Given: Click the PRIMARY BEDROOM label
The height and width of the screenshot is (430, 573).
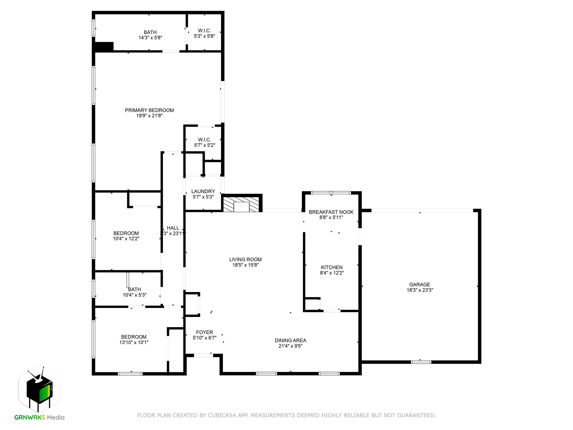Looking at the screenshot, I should click(149, 110).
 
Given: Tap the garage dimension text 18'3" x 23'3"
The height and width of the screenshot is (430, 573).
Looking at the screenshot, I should click(420, 290).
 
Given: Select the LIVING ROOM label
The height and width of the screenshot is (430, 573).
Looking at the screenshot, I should click(245, 260).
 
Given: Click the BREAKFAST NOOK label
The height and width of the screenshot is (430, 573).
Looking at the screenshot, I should click(331, 212).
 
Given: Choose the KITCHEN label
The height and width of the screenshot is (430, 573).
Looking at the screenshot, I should click(332, 267).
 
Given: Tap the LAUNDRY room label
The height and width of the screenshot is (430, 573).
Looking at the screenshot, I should click(203, 191).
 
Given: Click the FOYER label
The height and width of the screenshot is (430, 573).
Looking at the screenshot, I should click(204, 332).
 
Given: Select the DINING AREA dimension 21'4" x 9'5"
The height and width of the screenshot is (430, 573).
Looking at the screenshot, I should click(290, 346).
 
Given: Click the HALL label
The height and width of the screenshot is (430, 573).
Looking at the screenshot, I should click(173, 228).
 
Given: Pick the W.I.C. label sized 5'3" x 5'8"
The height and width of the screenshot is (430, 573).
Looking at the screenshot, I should click(204, 31).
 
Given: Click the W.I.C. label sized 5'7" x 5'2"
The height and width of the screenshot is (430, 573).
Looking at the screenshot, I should click(204, 140).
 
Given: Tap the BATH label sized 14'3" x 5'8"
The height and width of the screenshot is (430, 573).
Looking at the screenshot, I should click(150, 32).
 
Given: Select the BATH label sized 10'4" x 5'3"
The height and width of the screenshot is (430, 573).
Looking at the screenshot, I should click(135, 289).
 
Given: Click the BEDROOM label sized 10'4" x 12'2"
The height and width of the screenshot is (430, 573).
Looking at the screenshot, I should click(126, 233).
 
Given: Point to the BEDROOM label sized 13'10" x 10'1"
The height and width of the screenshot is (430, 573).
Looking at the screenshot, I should click(134, 337).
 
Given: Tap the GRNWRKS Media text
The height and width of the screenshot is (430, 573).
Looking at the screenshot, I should click(39, 417).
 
